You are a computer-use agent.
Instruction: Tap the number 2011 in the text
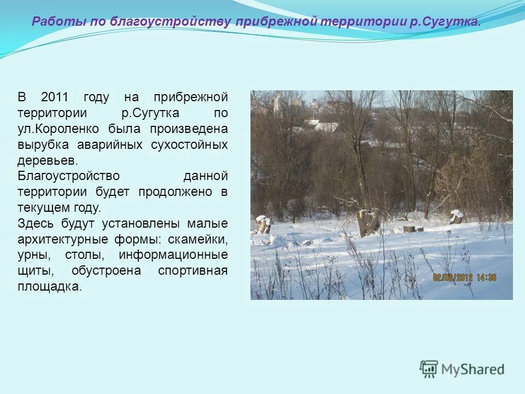click(55, 98)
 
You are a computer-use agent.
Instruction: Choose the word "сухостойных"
click(191, 146)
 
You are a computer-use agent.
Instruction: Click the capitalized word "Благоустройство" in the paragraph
click(68, 177)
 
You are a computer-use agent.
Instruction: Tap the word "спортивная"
click(192, 271)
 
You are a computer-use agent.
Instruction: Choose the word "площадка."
click(49, 287)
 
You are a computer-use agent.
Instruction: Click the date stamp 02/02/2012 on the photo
click(452, 277)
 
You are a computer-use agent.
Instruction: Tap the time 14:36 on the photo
click(487, 277)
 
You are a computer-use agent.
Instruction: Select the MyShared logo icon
click(429, 369)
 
